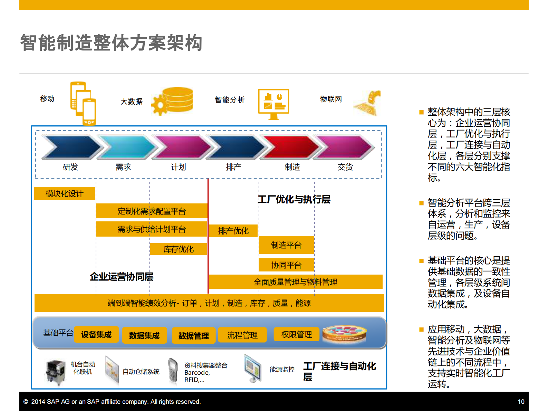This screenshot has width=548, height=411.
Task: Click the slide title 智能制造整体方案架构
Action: click(x=111, y=43)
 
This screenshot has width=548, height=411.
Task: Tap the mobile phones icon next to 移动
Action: click(x=83, y=103)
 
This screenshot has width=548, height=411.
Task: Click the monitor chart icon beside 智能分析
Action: click(x=273, y=103)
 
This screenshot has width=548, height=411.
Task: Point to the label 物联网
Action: click(x=331, y=99)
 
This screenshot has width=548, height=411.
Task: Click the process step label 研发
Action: click(x=70, y=167)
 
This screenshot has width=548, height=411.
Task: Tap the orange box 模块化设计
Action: click(x=65, y=193)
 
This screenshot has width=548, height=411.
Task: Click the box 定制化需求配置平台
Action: click(x=152, y=211)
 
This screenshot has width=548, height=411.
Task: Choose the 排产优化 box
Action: click(x=233, y=231)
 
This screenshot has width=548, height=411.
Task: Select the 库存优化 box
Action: click(x=179, y=249)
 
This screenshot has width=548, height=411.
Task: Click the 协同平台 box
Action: click(x=286, y=265)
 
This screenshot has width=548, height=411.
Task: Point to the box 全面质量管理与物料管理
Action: click(x=296, y=282)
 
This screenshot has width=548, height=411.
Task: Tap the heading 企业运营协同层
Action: click(x=122, y=277)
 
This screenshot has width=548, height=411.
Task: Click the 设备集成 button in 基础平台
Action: click(x=96, y=335)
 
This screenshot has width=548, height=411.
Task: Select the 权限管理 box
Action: click(x=297, y=334)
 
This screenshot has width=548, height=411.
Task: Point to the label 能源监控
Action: click(x=282, y=370)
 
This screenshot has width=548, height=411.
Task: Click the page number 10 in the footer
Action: click(x=521, y=402)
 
